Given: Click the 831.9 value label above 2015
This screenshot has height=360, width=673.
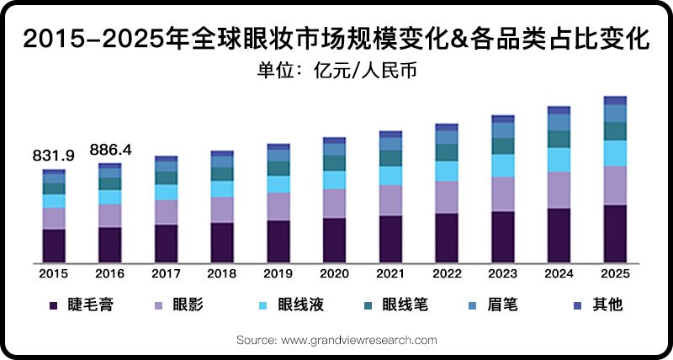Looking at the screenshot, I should [x=54, y=156].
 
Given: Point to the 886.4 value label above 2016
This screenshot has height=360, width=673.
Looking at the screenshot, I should [x=109, y=151].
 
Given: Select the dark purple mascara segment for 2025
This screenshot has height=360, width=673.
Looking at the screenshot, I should [x=615, y=233].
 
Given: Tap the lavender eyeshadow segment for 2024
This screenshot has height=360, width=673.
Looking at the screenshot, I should [x=559, y=190].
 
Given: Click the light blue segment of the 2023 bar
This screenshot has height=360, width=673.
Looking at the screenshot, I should [x=503, y=166].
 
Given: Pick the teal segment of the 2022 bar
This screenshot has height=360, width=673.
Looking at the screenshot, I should [x=447, y=152].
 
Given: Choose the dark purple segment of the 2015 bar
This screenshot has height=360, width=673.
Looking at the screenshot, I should [x=54, y=245].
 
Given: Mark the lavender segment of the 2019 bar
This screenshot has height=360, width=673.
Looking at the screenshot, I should [x=278, y=206].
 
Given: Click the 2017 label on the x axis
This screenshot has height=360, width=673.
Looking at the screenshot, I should [x=166, y=273].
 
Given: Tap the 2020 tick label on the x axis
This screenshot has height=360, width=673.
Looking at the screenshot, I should [x=334, y=273].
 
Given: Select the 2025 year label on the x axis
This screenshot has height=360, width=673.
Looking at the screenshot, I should [x=615, y=273].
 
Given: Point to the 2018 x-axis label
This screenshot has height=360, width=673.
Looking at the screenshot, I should [x=222, y=273].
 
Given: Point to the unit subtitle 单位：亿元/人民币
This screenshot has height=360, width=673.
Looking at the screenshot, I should [x=336, y=70].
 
